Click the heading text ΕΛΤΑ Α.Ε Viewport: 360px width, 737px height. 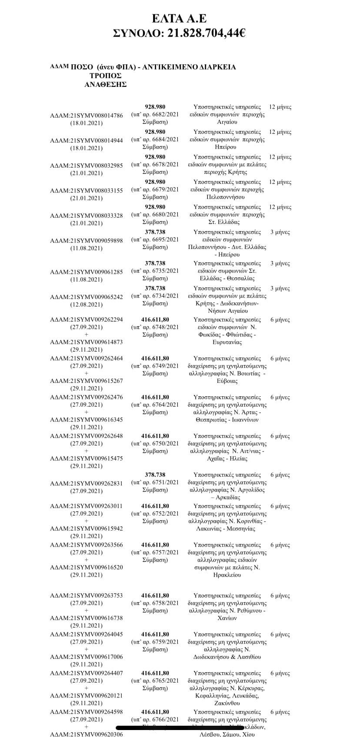click(x=180, y=18)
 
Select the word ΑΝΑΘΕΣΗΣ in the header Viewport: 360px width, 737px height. click(x=105, y=84)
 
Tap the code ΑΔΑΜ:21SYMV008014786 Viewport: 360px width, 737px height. click(x=87, y=115)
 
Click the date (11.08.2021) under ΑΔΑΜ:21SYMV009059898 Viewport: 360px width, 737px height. click(x=87, y=248)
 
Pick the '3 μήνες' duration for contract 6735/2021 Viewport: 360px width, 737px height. click(x=280, y=263)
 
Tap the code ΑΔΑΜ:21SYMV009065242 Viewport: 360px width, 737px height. click(x=87, y=297)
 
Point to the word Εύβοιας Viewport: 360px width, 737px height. click(x=227, y=381)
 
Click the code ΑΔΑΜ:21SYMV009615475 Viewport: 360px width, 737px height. click(x=87, y=458)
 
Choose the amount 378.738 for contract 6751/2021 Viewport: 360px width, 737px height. click(x=155, y=475)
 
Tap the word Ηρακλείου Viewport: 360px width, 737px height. click(x=227, y=575)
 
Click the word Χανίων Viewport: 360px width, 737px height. click(x=227, y=618)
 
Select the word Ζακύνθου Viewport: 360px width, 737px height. click(x=227, y=703)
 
